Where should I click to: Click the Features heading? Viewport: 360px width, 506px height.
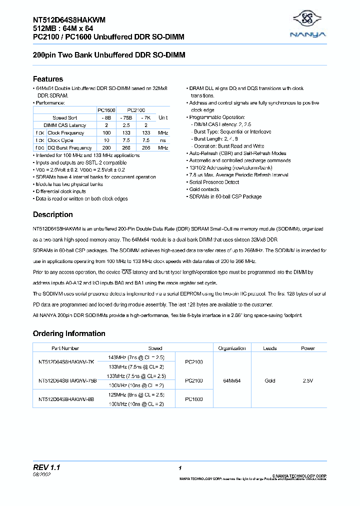48,79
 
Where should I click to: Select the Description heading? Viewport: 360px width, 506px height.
52,214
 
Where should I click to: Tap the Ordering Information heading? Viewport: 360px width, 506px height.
69,333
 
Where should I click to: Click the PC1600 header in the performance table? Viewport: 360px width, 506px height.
106,109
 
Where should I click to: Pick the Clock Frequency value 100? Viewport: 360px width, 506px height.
106,132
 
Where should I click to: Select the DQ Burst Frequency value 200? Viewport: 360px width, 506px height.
106,148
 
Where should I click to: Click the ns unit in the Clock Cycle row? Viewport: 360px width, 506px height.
163,140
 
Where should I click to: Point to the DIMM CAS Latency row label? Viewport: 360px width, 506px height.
64,125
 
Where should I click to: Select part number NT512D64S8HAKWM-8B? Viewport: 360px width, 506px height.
66,399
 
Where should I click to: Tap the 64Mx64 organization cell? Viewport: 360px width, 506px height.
231,381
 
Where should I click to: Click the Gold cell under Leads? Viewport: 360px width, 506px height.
270,381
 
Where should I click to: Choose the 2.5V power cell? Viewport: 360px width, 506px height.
308,381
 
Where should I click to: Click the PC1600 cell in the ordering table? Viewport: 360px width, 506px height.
194,399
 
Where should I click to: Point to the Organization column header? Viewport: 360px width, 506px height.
231,348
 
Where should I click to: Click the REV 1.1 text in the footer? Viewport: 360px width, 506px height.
46,467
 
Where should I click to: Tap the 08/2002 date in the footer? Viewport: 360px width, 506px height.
41,474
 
